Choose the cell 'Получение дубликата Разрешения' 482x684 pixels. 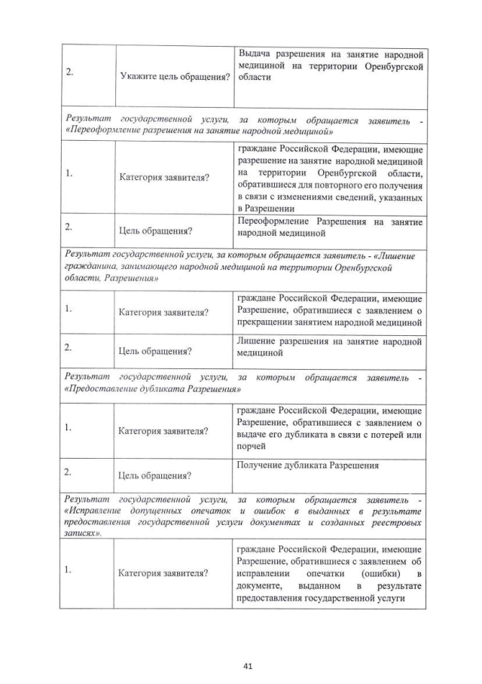[x=307, y=466]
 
